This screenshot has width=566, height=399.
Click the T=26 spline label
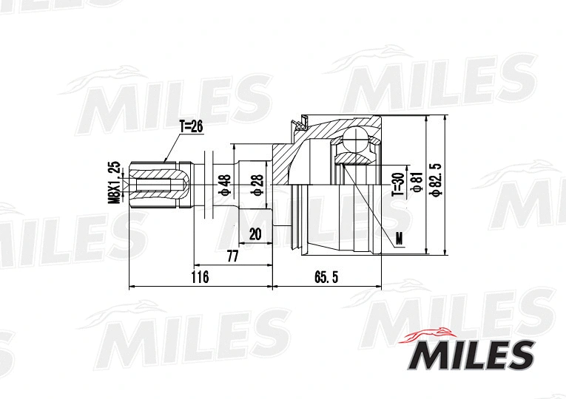[190, 126]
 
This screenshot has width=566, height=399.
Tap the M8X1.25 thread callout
[114, 182]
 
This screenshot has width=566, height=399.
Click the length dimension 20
[255, 233]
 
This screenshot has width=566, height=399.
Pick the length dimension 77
[232, 256]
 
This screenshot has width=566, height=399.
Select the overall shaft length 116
[199, 278]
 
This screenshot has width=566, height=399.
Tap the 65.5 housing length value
[326, 278]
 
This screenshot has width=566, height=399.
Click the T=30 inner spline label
[397, 183]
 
